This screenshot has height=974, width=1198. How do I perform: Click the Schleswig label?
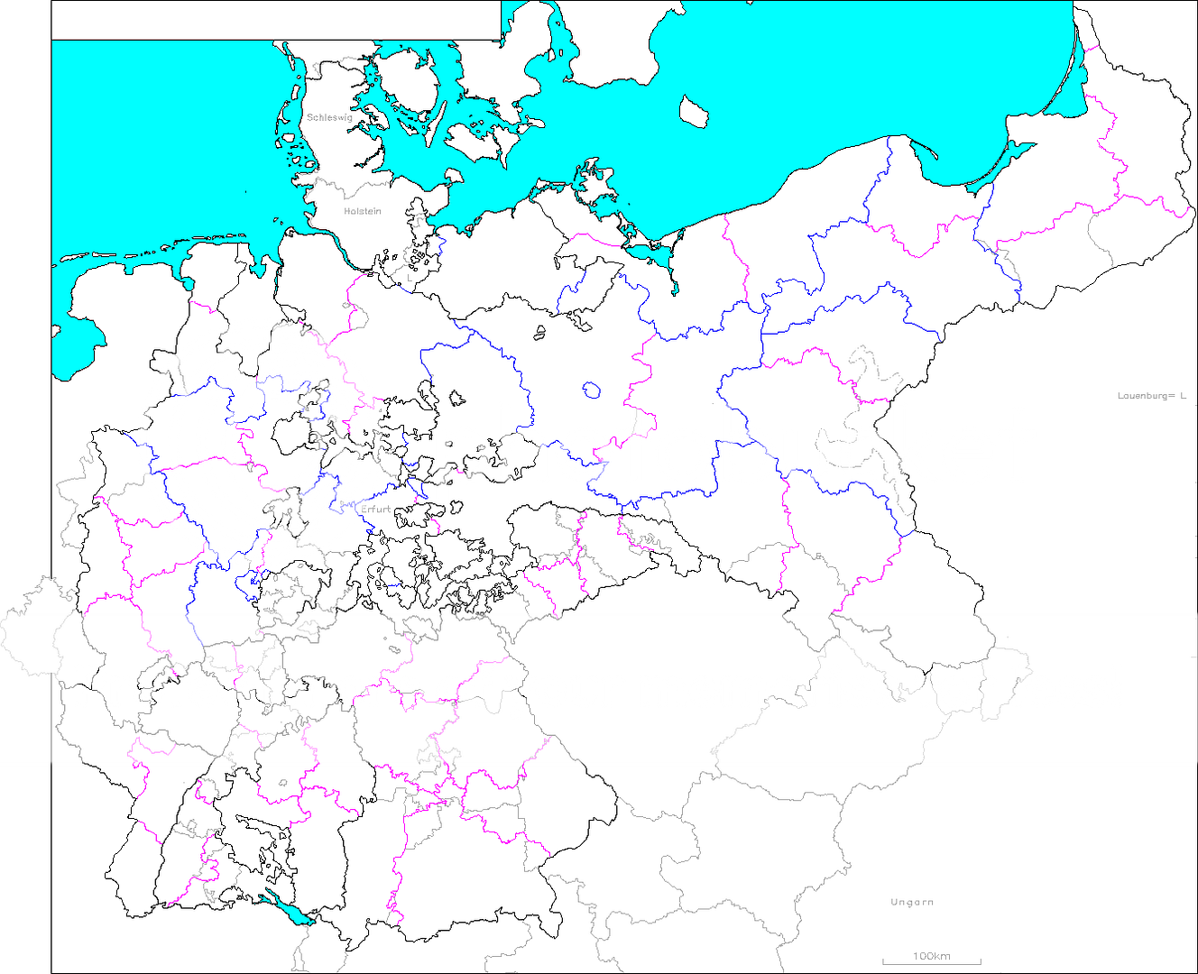click(x=328, y=117)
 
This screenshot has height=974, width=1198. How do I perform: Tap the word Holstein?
click(x=362, y=211)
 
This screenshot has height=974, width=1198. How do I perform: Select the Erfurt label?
click(x=375, y=510)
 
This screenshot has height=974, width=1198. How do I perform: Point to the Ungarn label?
click(x=911, y=902)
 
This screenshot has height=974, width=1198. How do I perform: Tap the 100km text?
click(x=931, y=956)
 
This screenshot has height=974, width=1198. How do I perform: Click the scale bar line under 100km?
click(x=931, y=963)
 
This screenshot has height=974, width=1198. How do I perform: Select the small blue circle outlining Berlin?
click(x=591, y=391)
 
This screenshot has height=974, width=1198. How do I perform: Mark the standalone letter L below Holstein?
click(x=409, y=279)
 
